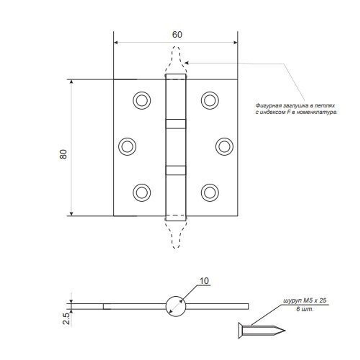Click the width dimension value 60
(177, 35)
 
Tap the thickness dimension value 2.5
(66, 319)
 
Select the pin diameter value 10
(204, 281)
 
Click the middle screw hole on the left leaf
(127, 146)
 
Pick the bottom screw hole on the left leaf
(141, 192)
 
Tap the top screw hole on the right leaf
(210, 100)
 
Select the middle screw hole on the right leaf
(224, 146)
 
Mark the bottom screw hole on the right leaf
(210, 192)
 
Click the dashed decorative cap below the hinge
(176, 234)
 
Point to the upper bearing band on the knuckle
(176, 123)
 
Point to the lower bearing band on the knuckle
(176, 170)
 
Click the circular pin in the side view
(176, 306)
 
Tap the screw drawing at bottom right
(261, 329)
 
